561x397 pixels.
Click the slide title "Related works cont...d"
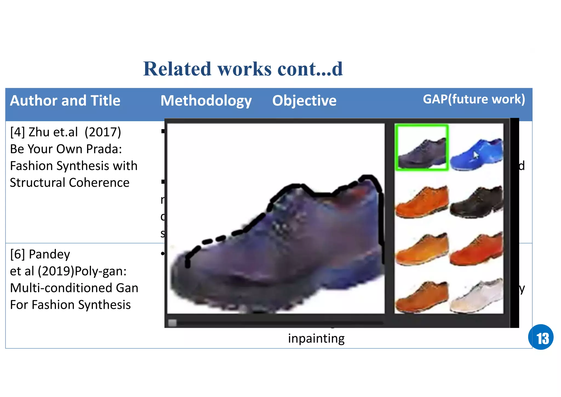tap(243, 69)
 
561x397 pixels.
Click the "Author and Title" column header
tap(65, 101)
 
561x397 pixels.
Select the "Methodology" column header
tap(206, 101)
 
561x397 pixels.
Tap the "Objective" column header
tap(304, 101)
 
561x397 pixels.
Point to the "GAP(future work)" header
tap(474, 99)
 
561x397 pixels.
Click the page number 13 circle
tap(540, 337)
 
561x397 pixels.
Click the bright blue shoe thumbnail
tap(477, 154)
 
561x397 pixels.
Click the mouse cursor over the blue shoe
tap(476, 155)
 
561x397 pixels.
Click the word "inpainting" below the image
tap(316, 339)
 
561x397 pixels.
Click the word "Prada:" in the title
tap(104, 149)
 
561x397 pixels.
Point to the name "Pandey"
tap(49, 254)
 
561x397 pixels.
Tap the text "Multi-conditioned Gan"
tap(74, 288)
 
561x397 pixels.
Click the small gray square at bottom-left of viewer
tap(172, 323)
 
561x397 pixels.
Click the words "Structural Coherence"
tap(70, 183)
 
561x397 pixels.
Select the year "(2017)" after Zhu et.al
tap(103, 132)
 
